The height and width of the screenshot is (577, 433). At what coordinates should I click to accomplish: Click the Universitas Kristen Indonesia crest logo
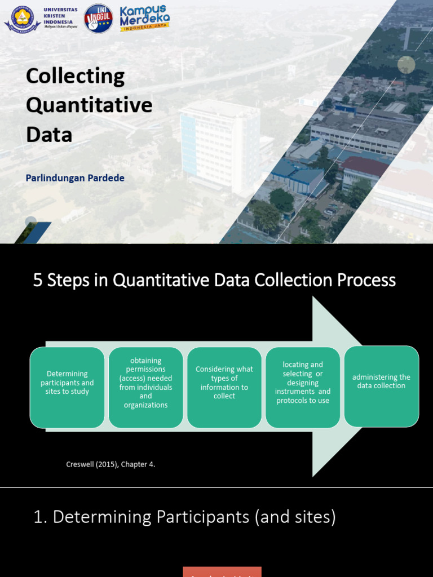tap(22, 19)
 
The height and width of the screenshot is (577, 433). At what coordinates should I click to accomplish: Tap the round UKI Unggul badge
tap(98, 19)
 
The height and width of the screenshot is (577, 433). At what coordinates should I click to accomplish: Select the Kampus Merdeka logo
tap(144, 18)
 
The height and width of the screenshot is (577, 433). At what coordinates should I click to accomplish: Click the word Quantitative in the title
tap(89, 105)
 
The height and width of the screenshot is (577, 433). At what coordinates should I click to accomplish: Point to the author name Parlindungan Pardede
tap(75, 178)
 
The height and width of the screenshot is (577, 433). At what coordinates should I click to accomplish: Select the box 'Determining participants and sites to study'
tap(67, 387)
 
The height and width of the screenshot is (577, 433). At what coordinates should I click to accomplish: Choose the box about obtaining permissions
tap(145, 387)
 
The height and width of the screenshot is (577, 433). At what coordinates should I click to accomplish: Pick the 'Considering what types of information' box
tap(224, 387)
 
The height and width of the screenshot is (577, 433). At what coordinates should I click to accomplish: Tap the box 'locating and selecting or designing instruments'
tap(303, 387)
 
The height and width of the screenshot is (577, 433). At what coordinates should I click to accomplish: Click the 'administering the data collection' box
tap(381, 386)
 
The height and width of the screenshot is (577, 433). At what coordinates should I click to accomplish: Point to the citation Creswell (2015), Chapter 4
tap(111, 464)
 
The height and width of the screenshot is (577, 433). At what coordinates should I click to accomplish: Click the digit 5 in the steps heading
tap(38, 280)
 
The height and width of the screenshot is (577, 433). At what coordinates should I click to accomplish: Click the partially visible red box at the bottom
tap(222, 571)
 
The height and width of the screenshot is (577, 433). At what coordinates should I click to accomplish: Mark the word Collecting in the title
tap(75, 76)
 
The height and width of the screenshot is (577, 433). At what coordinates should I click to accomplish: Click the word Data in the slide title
tap(49, 135)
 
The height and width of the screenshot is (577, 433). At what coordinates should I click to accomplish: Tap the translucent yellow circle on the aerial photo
tap(406, 65)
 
